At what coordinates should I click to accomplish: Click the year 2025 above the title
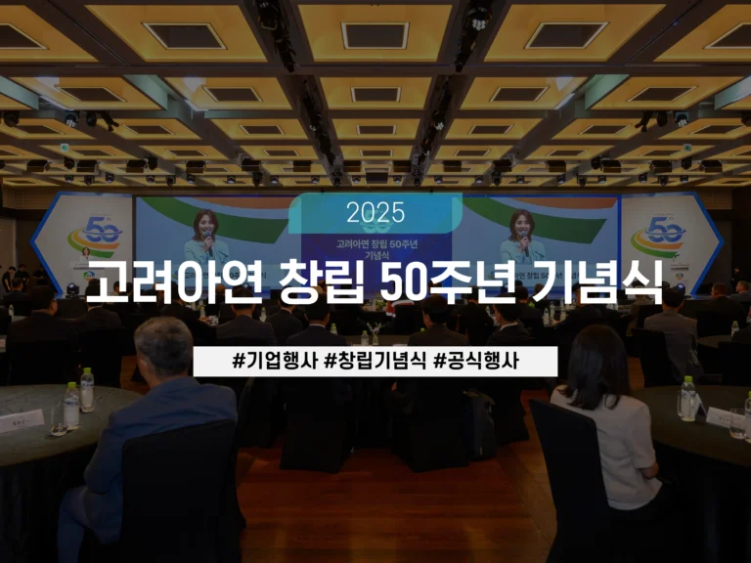(x=375, y=212)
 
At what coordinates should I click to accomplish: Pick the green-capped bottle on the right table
(x=687, y=398)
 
